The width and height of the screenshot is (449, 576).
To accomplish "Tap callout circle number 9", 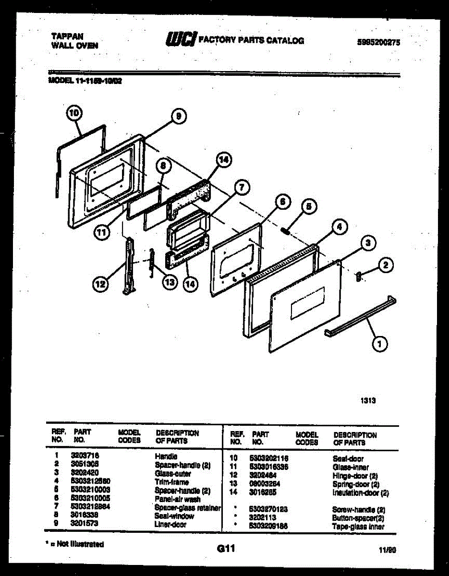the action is pos(178,116).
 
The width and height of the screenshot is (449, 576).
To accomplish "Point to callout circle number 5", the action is pos(309,207).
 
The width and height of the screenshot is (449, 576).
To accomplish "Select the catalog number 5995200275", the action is pos(378,42).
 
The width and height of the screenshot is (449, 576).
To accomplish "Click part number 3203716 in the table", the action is pos(84,456).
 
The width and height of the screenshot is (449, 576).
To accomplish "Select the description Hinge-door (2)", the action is pos(355,476).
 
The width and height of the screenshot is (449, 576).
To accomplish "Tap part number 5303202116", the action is pos(268,459).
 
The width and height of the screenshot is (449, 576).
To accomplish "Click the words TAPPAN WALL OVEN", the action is pos(74,41).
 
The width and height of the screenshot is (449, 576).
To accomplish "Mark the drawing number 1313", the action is pos(368,400).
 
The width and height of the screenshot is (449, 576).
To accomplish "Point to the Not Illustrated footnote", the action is pos(75,544).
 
